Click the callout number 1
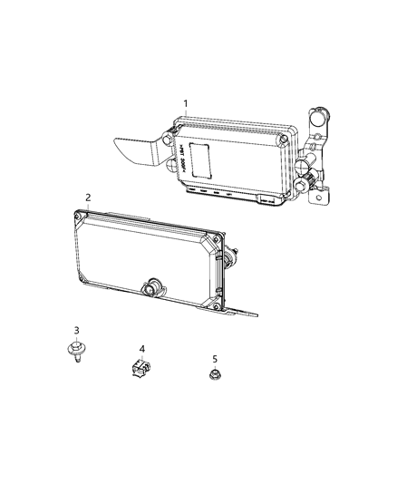[x=186, y=104]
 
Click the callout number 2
[x=88, y=197]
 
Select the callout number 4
[x=141, y=348]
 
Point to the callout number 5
[x=215, y=358]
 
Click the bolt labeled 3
[x=75, y=350]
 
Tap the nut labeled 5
[x=215, y=375]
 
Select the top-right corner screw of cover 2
[x=215, y=241]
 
